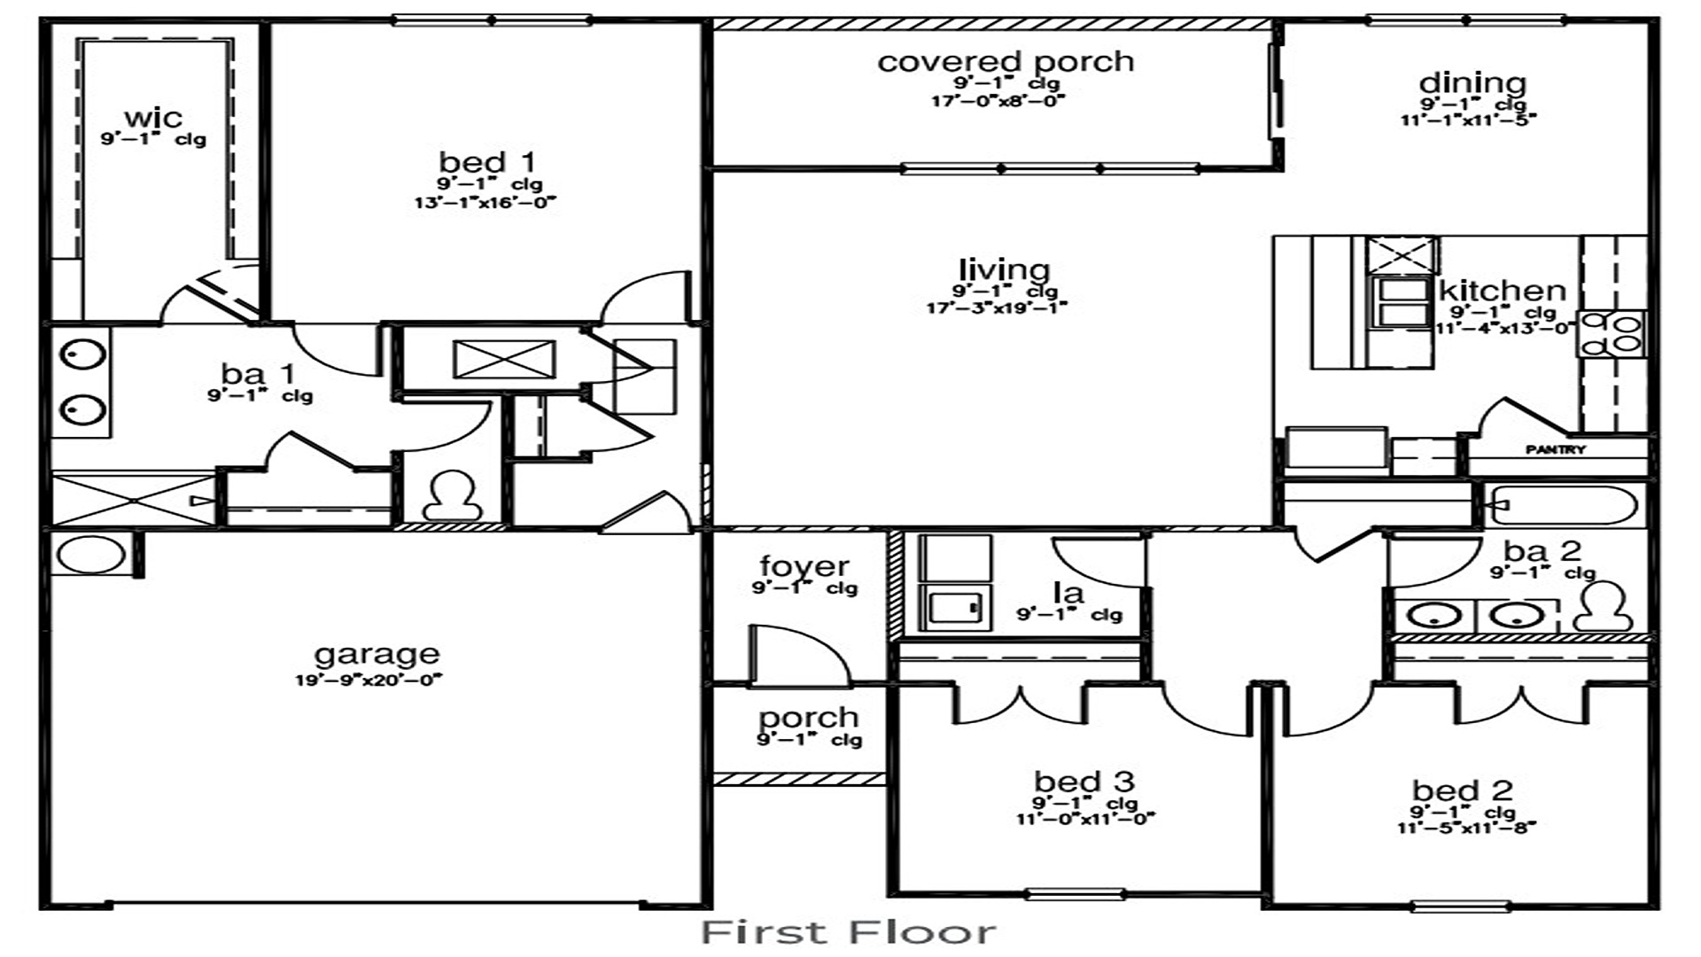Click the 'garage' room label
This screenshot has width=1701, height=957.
coord(377,655)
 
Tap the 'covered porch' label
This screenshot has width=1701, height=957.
coord(1006,62)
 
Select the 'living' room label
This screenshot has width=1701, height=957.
coord(1004,269)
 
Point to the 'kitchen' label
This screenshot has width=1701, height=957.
coord(1502,291)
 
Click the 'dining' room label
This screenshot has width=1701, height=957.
coord(1472,83)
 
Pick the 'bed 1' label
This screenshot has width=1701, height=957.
coord(487,162)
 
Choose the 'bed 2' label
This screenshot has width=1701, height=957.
coord(1462,790)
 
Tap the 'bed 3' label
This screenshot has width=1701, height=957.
coord(1084,782)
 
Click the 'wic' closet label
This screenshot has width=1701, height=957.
coord(153,117)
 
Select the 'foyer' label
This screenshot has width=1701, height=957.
coord(804,565)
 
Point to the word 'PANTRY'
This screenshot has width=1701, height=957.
coord(1556,450)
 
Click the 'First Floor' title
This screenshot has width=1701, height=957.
coord(849,932)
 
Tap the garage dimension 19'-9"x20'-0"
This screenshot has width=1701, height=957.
coord(369,681)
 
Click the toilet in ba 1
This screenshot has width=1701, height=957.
coord(453,496)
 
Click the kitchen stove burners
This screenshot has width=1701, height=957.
coord(1612,333)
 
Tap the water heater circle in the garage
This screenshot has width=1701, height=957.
coord(90,555)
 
